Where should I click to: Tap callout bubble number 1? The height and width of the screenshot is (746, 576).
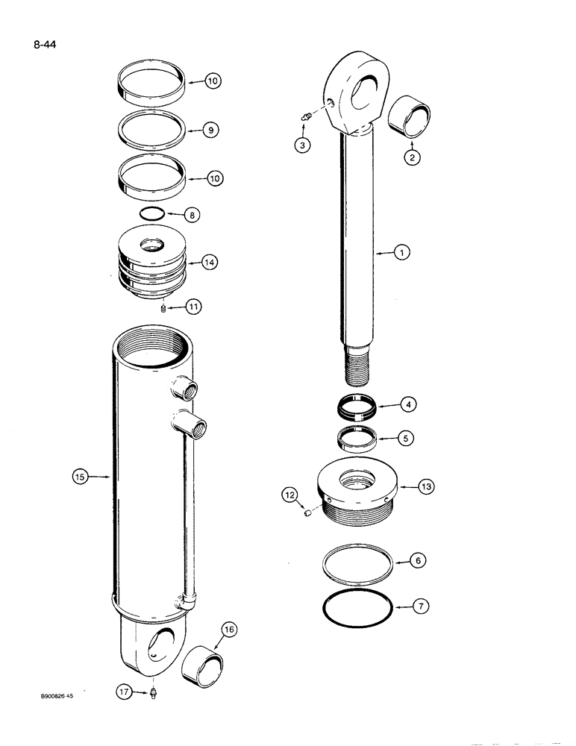tap(401, 254)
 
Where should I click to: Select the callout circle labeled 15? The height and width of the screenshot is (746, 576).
tap(81, 475)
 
